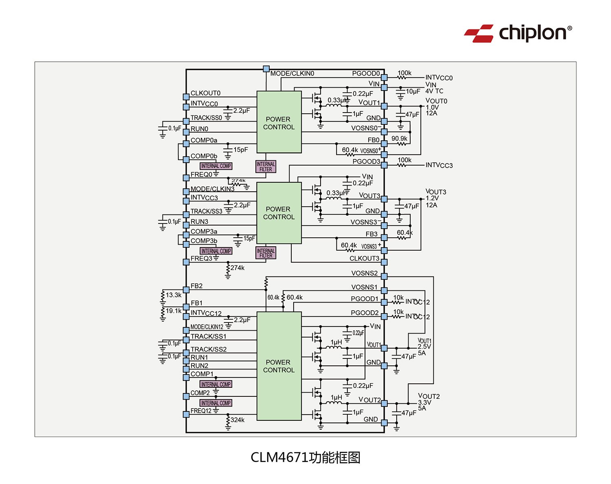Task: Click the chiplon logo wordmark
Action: click(532, 33)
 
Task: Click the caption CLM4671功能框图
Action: click(305, 457)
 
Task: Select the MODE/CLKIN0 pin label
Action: click(292, 74)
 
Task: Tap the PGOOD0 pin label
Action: click(366, 74)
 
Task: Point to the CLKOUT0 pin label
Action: click(205, 93)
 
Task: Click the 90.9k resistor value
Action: click(399, 139)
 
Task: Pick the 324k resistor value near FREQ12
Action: click(237, 420)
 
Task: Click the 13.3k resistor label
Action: click(174, 295)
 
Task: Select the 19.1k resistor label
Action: click(174, 311)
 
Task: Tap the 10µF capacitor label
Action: click(413, 92)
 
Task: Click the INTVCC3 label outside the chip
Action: click(439, 166)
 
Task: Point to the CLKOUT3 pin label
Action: click(364, 259)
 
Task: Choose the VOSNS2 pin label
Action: click(365, 273)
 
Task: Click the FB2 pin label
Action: click(196, 286)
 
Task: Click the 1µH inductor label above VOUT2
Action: click(336, 398)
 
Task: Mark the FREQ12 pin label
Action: click(201, 411)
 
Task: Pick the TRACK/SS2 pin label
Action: click(209, 349)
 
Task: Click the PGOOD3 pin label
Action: click(366, 162)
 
